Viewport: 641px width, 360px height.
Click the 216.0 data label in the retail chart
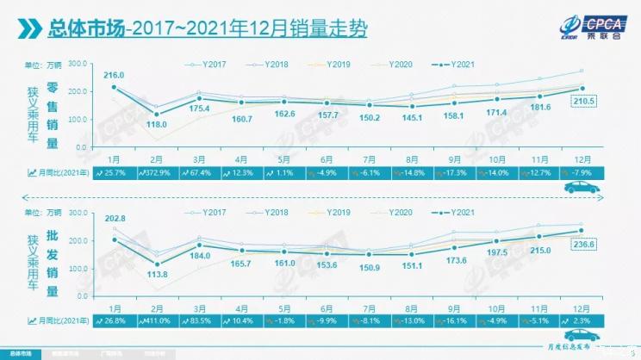click(x=114, y=76)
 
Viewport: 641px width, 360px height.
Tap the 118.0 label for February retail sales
click(x=157, y=125)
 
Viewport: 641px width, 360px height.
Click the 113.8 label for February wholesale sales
click(x=157, y=276)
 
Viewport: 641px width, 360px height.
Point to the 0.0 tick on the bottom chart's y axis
click(x=82, y=295)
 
